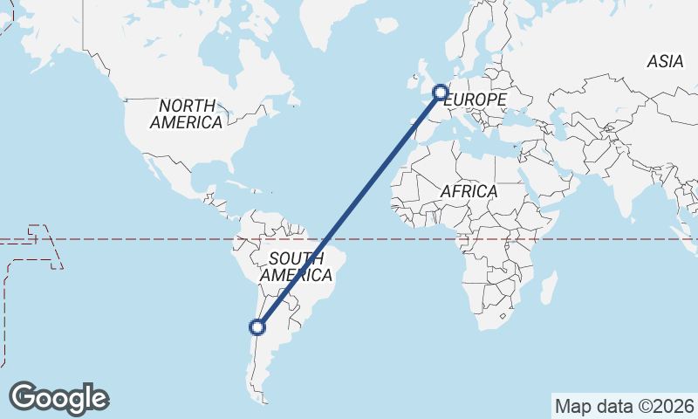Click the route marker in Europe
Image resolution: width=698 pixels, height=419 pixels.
(441, 92)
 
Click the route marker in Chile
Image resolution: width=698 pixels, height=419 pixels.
(257, 327)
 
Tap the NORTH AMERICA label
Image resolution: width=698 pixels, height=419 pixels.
(186, 113)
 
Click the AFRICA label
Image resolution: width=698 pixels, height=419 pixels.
(469, 190)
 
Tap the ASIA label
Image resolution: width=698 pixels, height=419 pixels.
(665, 61)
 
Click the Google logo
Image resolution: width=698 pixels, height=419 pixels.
(58, 398)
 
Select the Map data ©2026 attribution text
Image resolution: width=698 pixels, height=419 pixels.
(625, 406)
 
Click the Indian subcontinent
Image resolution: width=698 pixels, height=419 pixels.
(625, 188)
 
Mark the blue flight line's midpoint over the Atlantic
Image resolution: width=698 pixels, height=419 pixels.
(349, 209)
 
